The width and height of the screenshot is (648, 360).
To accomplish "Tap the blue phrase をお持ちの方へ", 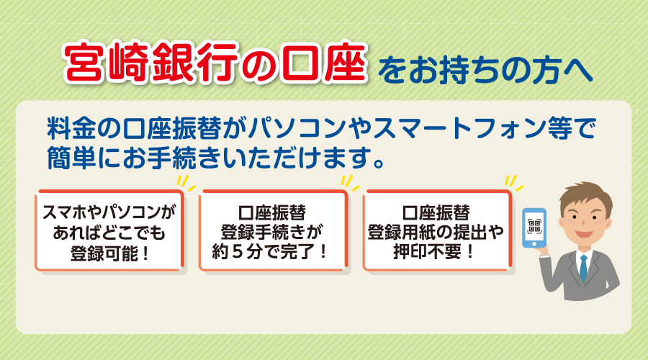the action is pos(485,71).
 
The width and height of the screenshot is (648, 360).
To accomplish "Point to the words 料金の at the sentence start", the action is pos(84,128).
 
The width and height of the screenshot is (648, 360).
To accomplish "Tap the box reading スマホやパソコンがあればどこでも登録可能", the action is pos(109,230).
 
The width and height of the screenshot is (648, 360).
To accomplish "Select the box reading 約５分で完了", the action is pos(273,230).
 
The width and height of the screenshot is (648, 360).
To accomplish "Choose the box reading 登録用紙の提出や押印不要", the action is pos(437,230).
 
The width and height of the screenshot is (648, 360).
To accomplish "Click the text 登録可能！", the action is pos(109,253).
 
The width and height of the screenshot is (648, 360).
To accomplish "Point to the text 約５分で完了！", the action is pos(270,251).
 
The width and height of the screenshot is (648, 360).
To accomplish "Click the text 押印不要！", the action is pos(434,251).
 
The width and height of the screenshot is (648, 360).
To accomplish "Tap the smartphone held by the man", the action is pos(534,228).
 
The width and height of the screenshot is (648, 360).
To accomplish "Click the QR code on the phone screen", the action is pos(534,226).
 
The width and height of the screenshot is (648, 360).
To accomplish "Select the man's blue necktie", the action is pos(583,267).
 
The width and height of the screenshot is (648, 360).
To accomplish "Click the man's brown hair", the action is pos(586,195).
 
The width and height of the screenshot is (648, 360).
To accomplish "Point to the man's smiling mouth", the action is pos(583,233).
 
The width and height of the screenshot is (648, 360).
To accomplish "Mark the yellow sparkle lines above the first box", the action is pos(186,183).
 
